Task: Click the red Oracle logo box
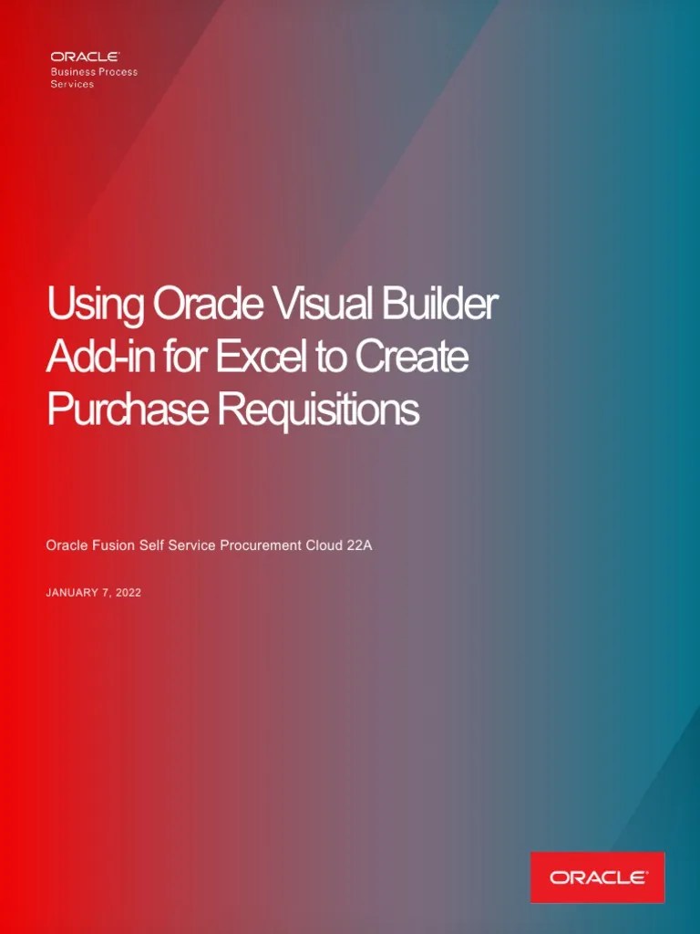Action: click(x=597, y=877)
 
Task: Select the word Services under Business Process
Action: click(x=72, y=84)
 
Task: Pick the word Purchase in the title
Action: click(x=127, y=410)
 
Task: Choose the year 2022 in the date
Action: click(x=128, y=593)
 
